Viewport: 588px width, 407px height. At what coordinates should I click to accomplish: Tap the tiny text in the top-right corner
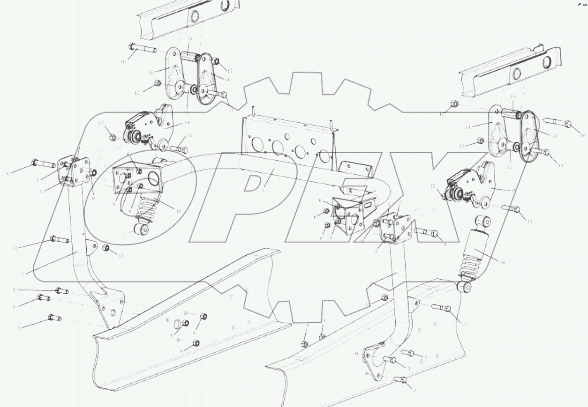coord(581,5)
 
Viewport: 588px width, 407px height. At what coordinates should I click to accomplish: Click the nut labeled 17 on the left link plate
coord(216,62)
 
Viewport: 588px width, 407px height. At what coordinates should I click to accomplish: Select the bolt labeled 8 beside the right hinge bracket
coord(426,231)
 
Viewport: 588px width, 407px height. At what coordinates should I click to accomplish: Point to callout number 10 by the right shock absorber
coord(502,263)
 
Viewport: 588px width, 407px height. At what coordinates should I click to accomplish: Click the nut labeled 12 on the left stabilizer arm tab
coord(106,248)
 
